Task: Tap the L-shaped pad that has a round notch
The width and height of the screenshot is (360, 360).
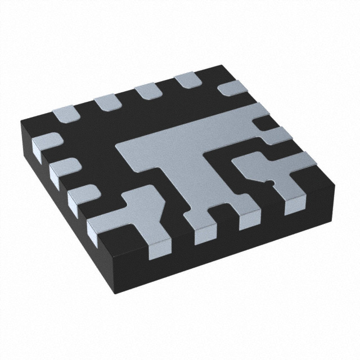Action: pos(281,174)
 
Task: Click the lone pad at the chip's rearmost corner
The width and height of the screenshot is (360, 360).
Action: pos(232,87)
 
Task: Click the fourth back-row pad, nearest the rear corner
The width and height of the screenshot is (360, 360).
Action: pos(186,80)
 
